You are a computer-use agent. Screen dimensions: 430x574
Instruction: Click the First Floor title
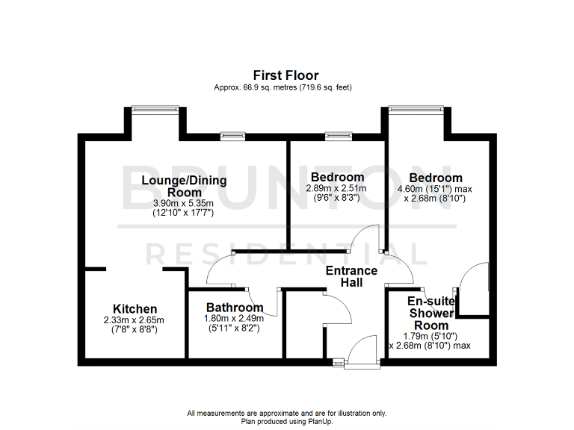tap(286, 75)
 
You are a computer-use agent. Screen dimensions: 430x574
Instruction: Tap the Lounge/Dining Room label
tap(184, 186)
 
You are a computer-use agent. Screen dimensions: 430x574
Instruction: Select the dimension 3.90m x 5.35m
tap(183, 203)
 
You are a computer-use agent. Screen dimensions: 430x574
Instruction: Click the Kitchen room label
tap(135, 309)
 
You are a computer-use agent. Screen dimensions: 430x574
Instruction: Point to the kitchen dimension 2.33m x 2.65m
tap(134, 320)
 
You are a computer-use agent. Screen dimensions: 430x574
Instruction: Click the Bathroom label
tap(235, 308)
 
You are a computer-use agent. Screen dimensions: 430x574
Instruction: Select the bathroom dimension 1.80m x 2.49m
tap(235, 318)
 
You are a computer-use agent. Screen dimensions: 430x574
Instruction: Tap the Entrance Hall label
tap(351, 276)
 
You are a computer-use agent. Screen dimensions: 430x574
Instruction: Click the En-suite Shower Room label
tap(432, 313)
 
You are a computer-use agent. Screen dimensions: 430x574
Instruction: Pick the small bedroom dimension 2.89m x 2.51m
tap(336, 189)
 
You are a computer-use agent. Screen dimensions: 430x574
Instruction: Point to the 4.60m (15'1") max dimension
tap(435, 189)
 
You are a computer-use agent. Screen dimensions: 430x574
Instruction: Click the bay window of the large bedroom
tap(421, 110)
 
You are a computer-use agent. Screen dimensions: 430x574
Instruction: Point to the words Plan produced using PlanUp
tap(286, 421)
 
